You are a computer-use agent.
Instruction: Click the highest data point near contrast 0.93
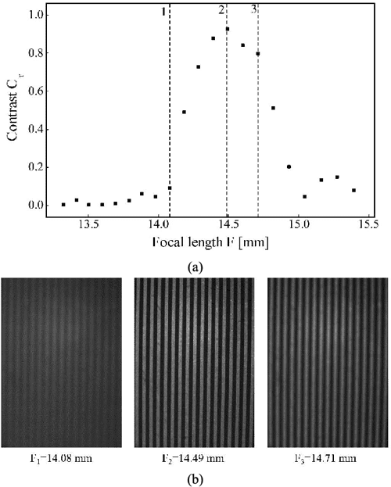point(227,29)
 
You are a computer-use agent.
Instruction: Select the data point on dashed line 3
point(257,54)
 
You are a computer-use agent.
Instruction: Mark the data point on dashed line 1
point(170,188)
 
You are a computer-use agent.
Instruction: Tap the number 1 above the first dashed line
point(163,11)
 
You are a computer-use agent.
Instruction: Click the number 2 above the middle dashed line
point(221,9)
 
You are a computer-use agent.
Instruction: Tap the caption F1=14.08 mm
point(62,455)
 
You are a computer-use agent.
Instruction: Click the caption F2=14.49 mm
point(195,455)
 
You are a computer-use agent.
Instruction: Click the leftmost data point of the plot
point(63,205)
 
